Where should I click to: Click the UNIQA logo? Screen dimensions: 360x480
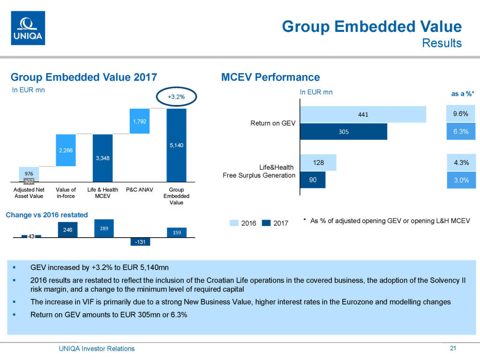28,28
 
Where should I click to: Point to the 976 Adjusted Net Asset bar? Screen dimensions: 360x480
29,173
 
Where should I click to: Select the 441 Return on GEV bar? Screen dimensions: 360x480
363,114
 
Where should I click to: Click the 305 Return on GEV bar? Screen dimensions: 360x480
344,132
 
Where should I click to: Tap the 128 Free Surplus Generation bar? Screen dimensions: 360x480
318,162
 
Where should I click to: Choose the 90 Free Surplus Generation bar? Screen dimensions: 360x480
313,180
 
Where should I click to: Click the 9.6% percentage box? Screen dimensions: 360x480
461,113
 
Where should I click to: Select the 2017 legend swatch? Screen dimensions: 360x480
267,223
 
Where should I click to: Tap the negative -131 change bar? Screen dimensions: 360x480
140,242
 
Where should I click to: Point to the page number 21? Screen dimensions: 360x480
452,348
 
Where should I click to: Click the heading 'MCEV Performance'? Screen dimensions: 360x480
270,77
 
